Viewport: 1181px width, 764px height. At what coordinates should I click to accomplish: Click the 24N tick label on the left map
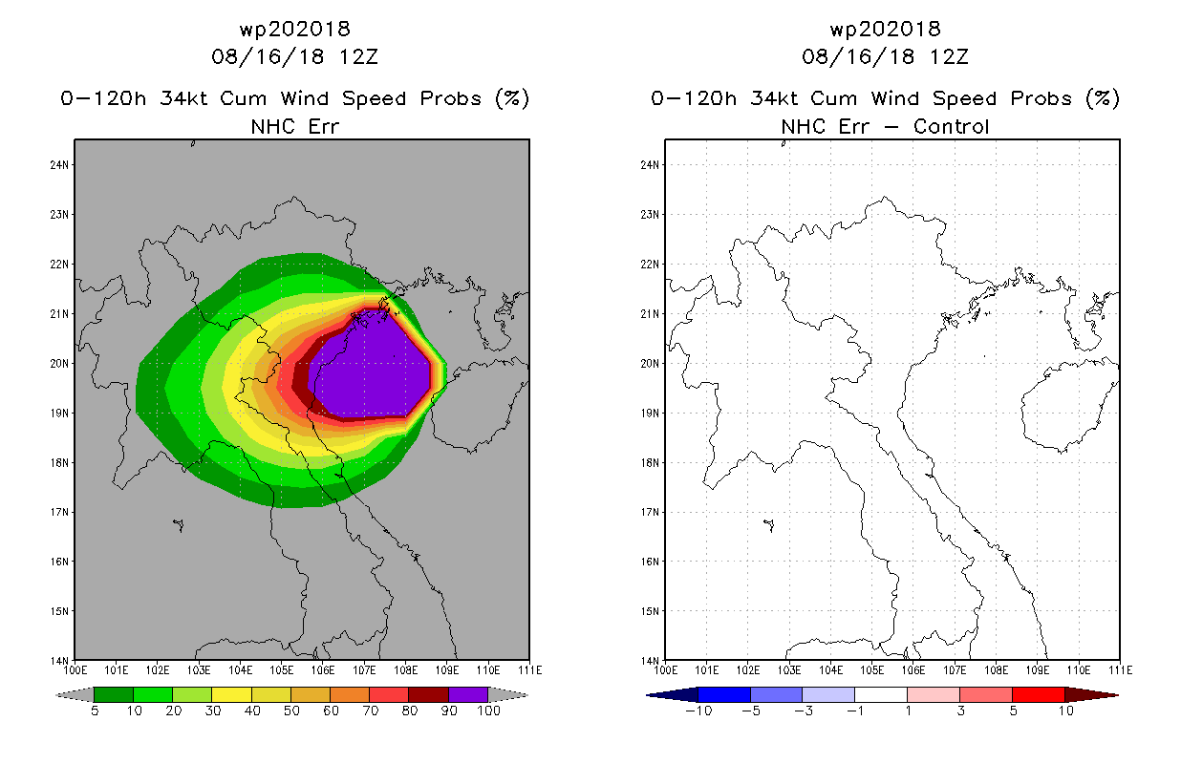[59, 165]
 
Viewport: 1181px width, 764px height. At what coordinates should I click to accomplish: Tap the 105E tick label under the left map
[282, 670]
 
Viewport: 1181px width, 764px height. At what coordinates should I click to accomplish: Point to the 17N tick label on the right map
[650, 512]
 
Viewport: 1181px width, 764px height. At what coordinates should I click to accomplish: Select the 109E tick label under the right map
[1037, 670]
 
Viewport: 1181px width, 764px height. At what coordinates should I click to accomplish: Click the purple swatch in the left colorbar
[468, 694]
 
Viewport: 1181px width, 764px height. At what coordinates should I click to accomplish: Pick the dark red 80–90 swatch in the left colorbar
[429, 694]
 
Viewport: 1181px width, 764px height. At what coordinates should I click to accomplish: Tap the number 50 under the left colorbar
[291, 711]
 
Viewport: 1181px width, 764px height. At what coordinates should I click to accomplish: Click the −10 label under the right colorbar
[698, 711]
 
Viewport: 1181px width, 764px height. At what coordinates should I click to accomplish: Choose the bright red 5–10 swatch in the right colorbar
[1039, 694]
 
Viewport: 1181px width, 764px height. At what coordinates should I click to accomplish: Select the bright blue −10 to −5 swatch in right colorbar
[724, 694]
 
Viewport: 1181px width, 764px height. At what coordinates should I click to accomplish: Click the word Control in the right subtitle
[951, 126]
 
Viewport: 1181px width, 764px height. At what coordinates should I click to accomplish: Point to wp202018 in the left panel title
[295, 29]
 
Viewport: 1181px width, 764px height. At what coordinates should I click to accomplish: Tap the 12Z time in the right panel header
[949, 56]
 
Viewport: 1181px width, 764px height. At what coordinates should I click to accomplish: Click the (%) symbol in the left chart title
[512, 98]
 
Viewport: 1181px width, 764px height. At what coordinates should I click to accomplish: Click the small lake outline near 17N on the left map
[179, 525]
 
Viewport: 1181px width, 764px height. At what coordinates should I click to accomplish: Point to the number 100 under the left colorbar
[489, 711]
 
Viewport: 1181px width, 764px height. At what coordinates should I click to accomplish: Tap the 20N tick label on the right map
[650, 364]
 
